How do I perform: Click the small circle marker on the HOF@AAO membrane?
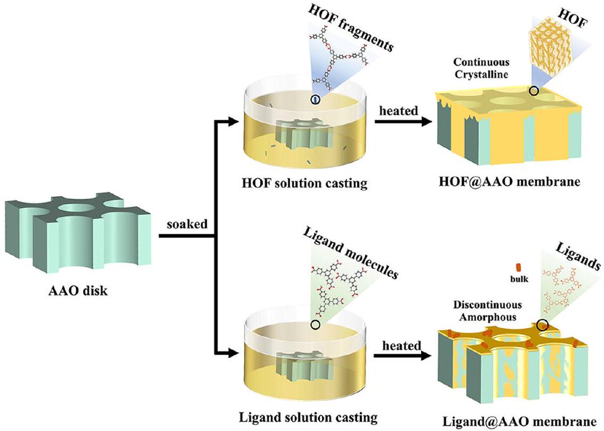533,91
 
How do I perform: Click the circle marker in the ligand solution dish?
315,324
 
